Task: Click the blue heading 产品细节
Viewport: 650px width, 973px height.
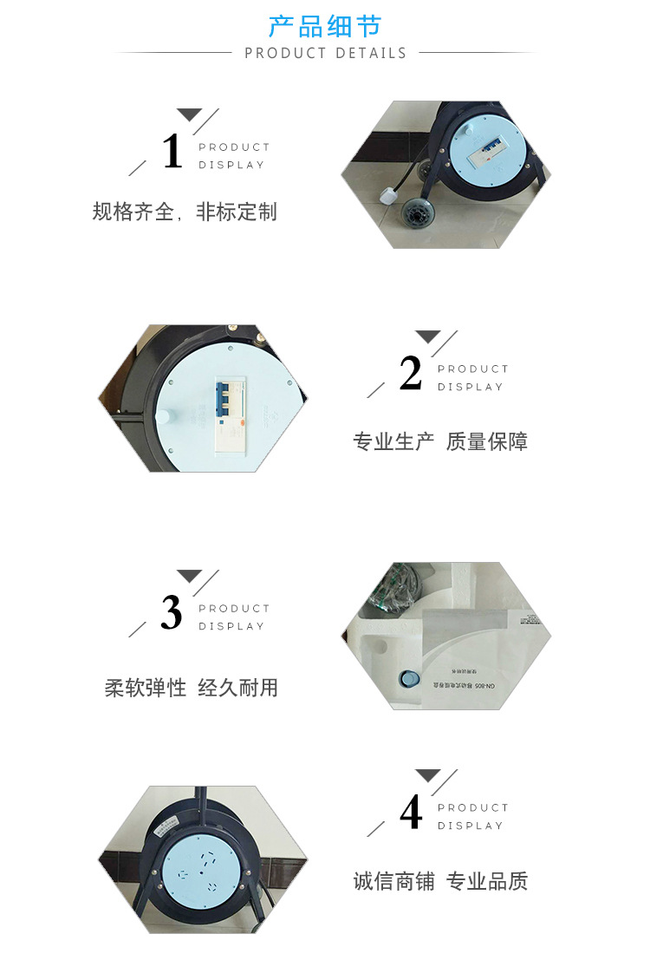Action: coord(325,26)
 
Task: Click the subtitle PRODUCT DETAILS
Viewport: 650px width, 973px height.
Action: coord(325,53)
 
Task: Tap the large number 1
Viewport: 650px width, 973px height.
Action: coord(172,152)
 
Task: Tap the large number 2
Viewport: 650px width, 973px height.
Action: coord(411,374)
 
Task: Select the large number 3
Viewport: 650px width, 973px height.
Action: coord(172,613)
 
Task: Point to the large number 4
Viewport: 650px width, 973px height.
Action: coord(411,813)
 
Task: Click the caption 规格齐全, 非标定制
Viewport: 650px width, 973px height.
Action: coord(185,212)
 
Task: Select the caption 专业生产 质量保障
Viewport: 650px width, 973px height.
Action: coord(439,441)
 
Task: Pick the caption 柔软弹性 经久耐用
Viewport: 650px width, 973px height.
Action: coord(192,688)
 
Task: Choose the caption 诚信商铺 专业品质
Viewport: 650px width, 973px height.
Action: coord(439,881)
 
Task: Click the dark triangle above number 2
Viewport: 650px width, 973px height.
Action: coord(427,336)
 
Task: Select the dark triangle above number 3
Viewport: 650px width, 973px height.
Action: coord(189,576)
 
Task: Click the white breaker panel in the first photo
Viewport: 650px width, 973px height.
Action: coord(488,153)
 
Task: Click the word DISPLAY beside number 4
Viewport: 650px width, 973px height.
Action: coord(471,826)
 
